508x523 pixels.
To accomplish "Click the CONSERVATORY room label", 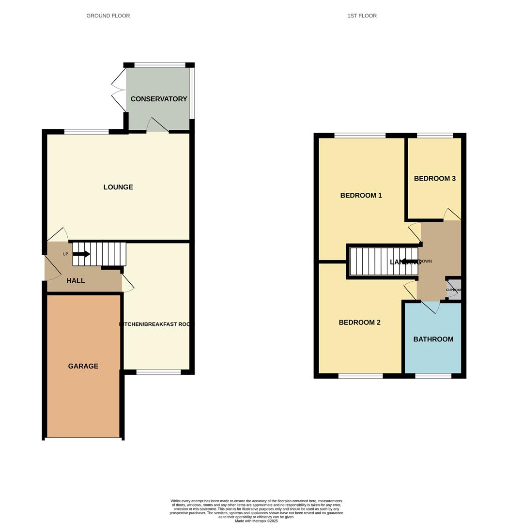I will [158, 99].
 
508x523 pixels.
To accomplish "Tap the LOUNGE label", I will [118, 187].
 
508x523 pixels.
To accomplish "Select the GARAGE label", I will [83, 366].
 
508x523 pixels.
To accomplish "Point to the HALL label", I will [76, 280].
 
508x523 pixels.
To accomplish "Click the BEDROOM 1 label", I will [361, 196].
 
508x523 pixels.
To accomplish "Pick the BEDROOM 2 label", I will [359, 323].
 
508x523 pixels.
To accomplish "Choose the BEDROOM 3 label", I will [434, 179].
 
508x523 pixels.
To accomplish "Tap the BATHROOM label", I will [433, 339].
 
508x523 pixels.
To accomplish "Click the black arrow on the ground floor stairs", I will [81, 254].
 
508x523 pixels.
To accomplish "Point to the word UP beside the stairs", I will [65, 254].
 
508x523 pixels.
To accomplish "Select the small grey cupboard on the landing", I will [454, 289].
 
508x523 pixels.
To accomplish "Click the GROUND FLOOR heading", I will [108, 16].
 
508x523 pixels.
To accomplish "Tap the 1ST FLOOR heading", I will [362, 16].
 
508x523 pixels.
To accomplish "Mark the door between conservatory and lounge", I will [157, 126].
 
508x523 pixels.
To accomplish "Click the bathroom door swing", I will [430, 307].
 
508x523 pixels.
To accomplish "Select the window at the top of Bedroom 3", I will [435, 136].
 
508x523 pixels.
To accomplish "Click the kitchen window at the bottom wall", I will [158, 372].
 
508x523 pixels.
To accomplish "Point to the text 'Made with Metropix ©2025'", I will [256, 521].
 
